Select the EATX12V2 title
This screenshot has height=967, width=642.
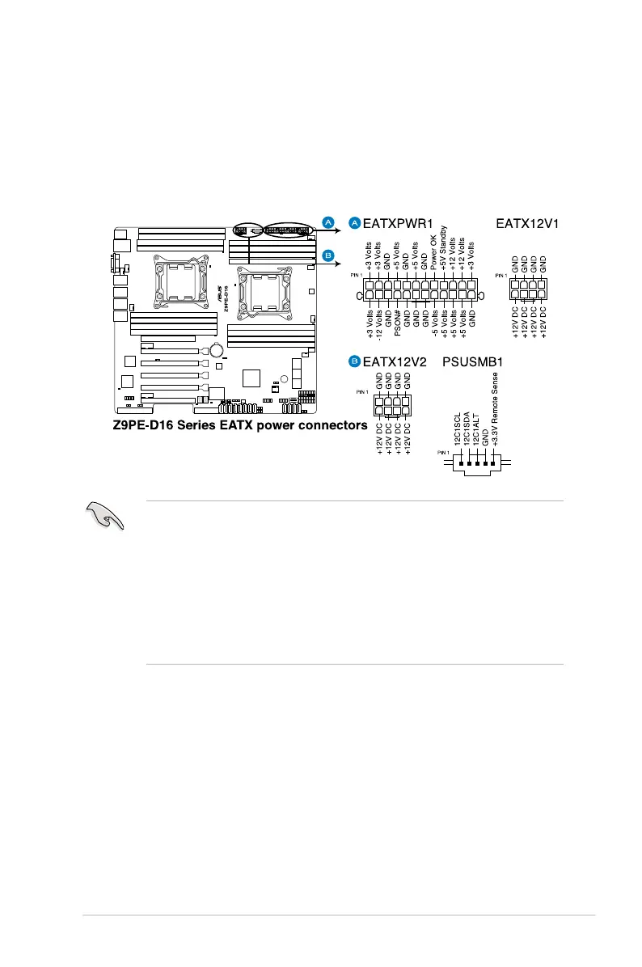click(x=395, y=361)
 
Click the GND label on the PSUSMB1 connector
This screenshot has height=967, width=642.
click(x=485, y=437)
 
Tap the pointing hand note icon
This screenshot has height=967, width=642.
click(x=103, y=515)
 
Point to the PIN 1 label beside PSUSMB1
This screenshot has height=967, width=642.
click(x=444, y=452)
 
